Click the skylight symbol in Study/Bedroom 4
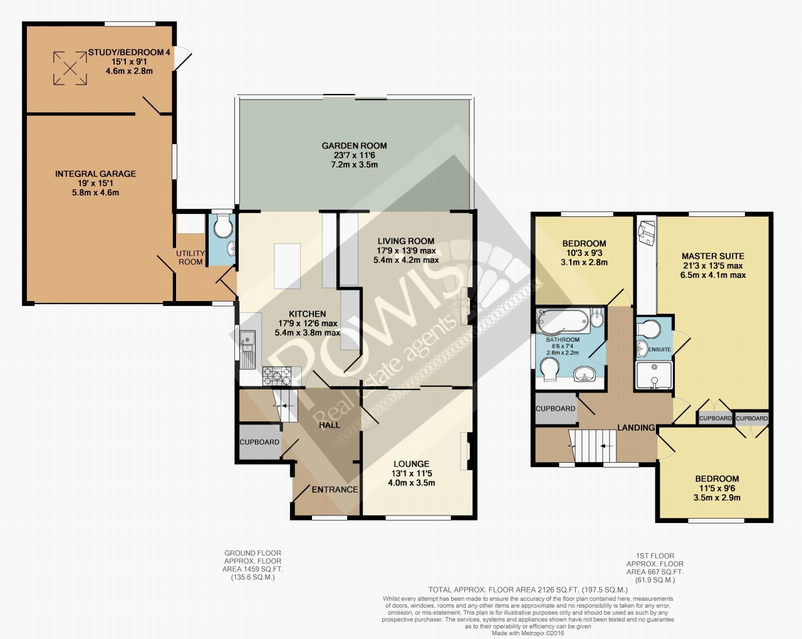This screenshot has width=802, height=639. (70, 68)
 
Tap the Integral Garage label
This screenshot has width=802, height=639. (95, 174)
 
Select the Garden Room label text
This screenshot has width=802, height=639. (354, 146)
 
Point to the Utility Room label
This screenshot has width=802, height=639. (190, 257)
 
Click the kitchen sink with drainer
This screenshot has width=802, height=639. (247, 349)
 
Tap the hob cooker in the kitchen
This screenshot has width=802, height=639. (277, 376)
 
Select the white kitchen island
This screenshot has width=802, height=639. (287, 266)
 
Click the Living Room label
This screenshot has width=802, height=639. (406, 241)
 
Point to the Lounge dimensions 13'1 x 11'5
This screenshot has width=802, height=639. (412, 473)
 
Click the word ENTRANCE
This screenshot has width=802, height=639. (335, 489)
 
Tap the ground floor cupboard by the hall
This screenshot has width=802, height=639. (259, 442)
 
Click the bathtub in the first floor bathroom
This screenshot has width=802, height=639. (563, 321)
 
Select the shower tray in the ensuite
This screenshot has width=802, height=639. (654, 375)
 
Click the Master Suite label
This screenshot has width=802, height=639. (713, 256)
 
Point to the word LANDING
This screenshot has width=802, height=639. (636, 428)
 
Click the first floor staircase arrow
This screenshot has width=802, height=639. (607, 446)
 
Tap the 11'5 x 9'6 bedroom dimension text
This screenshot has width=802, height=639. (717, 488)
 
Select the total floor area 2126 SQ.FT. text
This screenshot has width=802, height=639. (528, 589)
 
